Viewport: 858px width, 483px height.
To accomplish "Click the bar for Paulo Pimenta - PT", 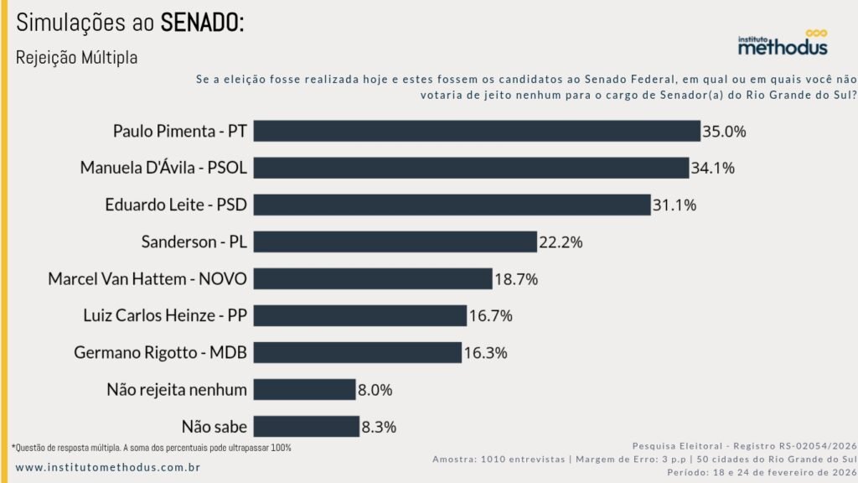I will coord(476,131).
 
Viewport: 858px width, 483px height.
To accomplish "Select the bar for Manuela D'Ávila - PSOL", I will coord(471,168).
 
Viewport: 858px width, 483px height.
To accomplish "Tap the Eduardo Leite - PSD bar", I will coord(452,205).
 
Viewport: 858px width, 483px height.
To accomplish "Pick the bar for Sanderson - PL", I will coord(395,241).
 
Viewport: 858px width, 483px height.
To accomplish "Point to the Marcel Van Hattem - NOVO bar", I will coord(372,278).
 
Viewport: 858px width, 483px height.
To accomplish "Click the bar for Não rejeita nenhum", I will coord(304,389).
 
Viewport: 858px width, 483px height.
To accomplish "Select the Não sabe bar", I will coord(306,426).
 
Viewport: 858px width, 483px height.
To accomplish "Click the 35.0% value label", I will coord(725,132).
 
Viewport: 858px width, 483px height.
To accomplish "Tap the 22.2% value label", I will coord(561,242).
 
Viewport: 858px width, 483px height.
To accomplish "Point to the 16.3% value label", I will coord(486,353).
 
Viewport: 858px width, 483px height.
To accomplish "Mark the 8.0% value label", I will coord(375,390).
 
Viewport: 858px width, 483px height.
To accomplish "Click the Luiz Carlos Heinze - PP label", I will coord(165,315).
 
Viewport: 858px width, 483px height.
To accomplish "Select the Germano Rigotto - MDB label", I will coord(160,352).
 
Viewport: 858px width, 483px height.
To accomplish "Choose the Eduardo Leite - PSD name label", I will coord(176,205).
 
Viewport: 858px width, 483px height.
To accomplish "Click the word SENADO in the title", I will coord(202,23).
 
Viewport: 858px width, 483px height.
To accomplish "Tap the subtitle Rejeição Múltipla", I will coord(76,58).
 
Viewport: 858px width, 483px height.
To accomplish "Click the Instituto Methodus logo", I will coord(782,44).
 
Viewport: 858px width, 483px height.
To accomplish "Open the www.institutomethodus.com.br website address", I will coord(107,466).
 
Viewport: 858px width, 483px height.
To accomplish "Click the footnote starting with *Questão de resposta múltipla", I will coord(152,448).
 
